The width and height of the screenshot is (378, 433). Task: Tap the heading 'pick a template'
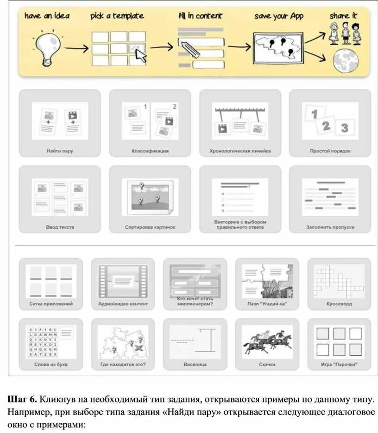(117, 16)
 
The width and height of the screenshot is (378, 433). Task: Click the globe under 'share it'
(345, 60)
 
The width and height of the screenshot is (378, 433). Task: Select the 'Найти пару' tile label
(60, 151)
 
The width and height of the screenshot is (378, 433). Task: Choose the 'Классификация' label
(150, 151)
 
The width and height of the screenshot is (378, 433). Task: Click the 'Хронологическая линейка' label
(240, 151)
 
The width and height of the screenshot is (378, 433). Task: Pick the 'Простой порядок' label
(330, 151)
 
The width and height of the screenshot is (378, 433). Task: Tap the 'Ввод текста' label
(60, 227)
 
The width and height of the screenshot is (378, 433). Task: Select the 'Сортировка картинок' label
(150, 227)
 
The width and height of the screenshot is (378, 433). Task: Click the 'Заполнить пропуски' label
(330, 227)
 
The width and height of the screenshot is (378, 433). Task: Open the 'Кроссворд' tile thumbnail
(339, 281)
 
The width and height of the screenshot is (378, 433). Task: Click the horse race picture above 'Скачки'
(267, 342)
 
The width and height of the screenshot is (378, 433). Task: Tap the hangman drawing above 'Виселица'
(195, 342)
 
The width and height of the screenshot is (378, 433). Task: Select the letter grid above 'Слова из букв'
(43, 342)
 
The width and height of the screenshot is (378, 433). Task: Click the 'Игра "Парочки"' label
(339, 364)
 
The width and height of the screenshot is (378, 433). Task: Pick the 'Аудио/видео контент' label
(123, 304)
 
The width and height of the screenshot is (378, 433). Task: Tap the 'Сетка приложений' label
(51, 304)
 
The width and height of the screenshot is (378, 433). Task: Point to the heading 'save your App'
(279, 16)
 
